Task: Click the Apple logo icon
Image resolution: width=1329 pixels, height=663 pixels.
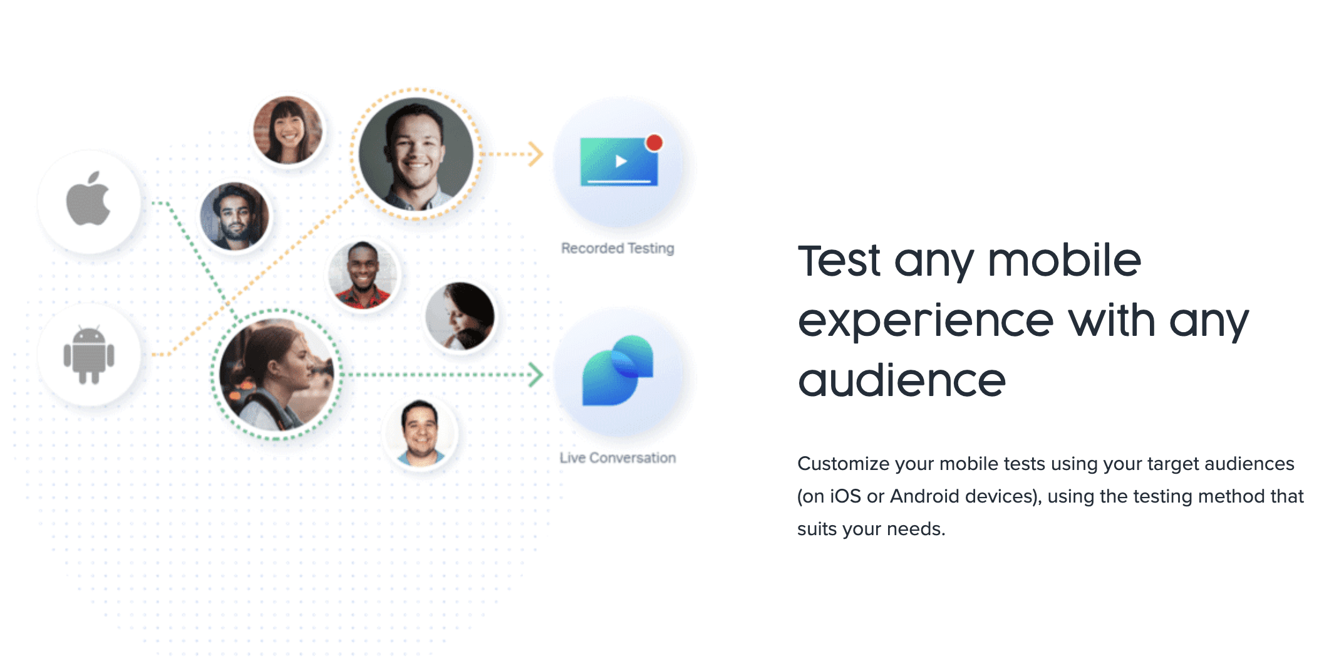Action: click(88, 199)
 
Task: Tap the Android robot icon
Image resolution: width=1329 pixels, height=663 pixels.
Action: click(89, 355)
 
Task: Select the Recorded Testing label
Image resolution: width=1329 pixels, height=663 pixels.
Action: click(618, 248)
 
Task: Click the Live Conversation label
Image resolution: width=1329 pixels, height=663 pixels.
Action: click(618, 458)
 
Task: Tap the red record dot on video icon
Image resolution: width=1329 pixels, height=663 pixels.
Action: click(654, 143)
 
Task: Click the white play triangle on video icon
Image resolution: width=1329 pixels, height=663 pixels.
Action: click(621, 162)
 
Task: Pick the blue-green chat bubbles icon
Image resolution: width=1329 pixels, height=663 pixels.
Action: click(618, 370)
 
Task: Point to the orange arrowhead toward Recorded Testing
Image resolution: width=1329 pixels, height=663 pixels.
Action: click(535, 154)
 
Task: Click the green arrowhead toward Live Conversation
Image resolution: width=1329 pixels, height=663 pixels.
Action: click(535, 375)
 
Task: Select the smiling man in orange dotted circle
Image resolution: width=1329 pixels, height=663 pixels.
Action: click(416, 154)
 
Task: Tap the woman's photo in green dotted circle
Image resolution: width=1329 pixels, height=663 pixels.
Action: click(277, 375)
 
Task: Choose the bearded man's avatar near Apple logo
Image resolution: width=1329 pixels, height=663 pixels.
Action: click(234, 217)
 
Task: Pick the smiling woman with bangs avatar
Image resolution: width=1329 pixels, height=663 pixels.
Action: click(287, 130)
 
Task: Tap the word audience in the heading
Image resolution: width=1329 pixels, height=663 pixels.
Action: click(902, 380)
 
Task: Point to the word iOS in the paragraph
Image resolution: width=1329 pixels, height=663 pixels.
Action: click(845, 496)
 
